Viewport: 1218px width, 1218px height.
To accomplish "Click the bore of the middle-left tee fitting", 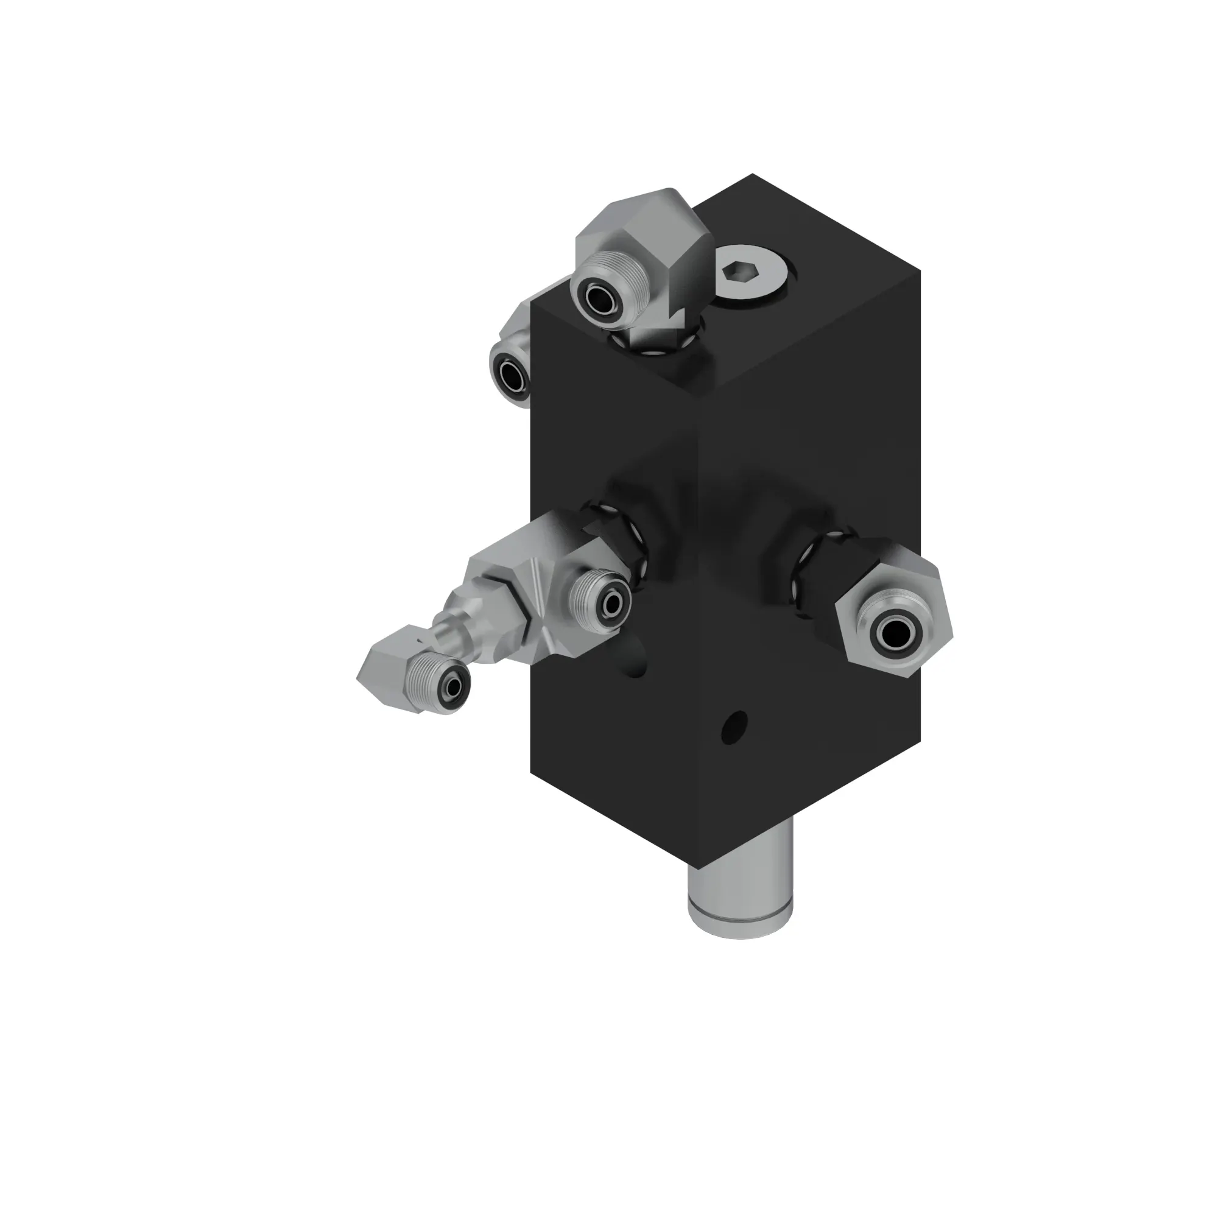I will pyautogui.click(x=611, y=605).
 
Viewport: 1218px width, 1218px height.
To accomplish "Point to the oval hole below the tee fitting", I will pyautogui.click(x=630, y=662).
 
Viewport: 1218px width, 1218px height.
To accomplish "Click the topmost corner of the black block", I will pyautogui.click(x=752, y=175).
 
